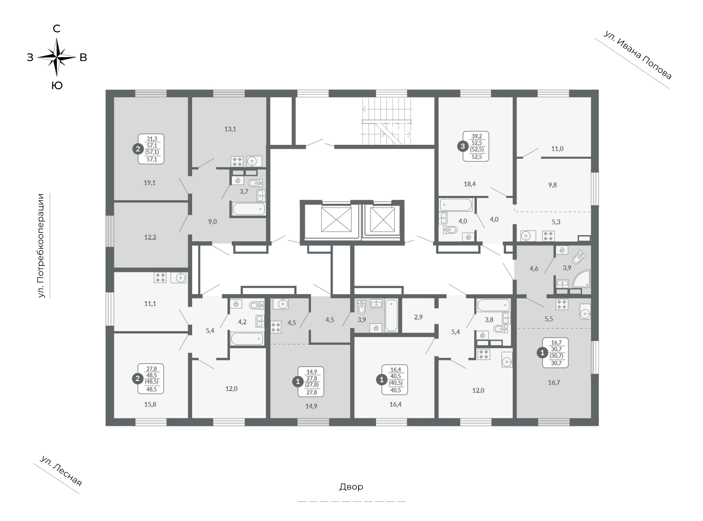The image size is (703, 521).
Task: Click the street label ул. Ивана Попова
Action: click(637, 55)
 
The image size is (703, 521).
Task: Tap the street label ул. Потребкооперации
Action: click(41, 246)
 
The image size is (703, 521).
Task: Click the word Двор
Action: click(351, 487)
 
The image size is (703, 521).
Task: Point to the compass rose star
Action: click(57, 57)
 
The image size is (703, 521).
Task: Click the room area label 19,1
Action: click(150, 183)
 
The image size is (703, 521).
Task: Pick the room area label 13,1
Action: click(230, 129)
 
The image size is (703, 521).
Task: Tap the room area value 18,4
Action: click(470, 184)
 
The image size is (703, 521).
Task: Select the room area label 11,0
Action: click(557, 148)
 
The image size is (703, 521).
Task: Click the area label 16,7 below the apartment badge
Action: click(554, 383)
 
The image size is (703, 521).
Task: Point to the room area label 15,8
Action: click(150, 404)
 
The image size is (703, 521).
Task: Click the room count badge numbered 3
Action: click(463, 146)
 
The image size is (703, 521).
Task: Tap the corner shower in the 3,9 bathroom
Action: click(582, 279)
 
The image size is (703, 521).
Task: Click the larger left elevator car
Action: click(336, 219)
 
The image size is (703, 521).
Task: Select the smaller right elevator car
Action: click(382, 219)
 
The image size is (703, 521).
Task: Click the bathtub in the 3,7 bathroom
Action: click(249, 209)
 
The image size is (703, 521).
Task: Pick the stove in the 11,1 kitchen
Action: click(160, 278)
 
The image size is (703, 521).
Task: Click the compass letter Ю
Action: click(57, 86)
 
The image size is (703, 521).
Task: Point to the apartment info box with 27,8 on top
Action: click(151, 379)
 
